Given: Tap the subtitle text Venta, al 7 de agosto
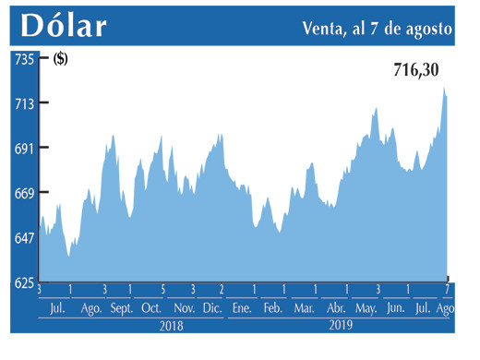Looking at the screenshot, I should point(378,28).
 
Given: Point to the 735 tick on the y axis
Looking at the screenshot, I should point(23,59).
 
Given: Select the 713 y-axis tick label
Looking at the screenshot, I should point(23,103).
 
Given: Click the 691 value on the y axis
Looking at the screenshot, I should point(23,148).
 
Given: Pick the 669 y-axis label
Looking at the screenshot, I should point(23,193).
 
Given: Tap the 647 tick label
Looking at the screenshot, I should point(23,237).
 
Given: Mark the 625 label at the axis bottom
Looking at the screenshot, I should point(23,282).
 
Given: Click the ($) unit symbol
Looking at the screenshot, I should point(61,60).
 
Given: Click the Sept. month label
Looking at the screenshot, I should point(123,308).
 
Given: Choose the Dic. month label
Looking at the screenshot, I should point(211,308).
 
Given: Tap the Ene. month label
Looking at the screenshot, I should point(242,308).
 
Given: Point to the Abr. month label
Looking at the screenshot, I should point(336,308).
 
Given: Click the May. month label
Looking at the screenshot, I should point(366,308).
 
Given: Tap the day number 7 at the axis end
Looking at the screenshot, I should point(448,291).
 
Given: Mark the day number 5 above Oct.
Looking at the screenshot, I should point(162,291).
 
